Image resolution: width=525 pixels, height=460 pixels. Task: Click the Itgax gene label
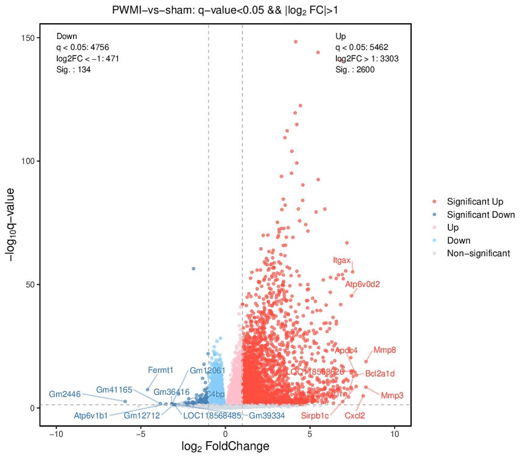pyautogui.click(x=342, y=261)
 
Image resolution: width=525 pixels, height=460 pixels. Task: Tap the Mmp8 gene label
pyautogui.click(x=385, y=350)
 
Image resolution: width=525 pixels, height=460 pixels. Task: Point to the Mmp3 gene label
pyautogui.click(x=392, y=395)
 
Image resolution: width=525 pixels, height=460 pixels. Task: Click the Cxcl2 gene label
pyautogui.click(x=355, y=416)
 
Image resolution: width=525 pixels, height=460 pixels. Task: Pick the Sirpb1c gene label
pyautogui.click(x=315, y=416)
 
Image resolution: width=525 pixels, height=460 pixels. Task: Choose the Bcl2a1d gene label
pyautogui.click(x=380, y=373)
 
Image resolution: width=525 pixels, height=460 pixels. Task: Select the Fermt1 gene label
pyautogui.click(x=161, y=370)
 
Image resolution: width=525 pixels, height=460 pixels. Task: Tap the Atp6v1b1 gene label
pyautogui.click(x=91, y=416)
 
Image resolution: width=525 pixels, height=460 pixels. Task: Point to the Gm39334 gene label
pyautogui.click(x=267, y=416)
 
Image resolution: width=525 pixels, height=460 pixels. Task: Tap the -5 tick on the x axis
pyautogui.click(x=141, y=434)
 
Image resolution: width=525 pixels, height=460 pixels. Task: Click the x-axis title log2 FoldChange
pyautogui.click(x=225, y=447)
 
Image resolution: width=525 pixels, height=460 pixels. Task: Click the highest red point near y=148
pyautogui.click(x=295, y=42)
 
